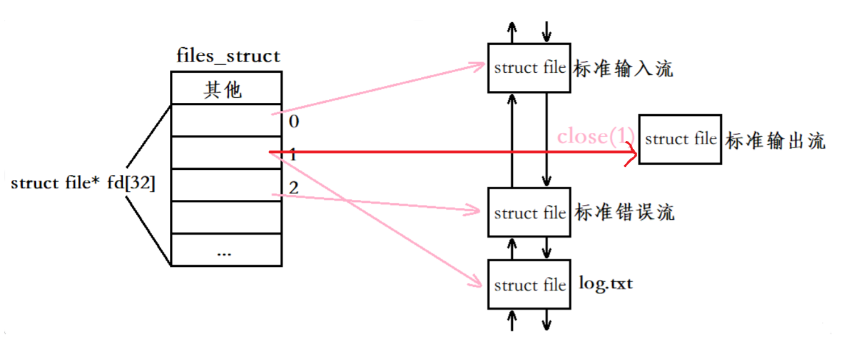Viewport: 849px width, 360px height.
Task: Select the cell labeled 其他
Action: click(x=226, y=88)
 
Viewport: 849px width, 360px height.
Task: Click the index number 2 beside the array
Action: click(x=294, y=187)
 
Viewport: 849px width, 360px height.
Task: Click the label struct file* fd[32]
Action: click(x=83, y=184)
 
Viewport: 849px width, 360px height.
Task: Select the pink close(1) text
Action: click(x=595, y=137)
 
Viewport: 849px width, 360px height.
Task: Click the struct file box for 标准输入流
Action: click(x=529, y=68)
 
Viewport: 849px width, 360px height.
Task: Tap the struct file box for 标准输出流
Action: click(x=680, y=139)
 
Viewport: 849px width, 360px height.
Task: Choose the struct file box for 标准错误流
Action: click(x=529, y=213)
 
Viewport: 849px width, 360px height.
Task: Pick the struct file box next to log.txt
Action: click(x=529, y=284)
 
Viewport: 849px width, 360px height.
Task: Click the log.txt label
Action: click(x=605, y=282)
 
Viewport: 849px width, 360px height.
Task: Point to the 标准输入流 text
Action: click(x=624, y=69)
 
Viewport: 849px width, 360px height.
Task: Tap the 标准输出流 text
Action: click(x=775, y=141)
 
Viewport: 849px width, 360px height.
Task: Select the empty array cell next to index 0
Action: click(x=226, y=120)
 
